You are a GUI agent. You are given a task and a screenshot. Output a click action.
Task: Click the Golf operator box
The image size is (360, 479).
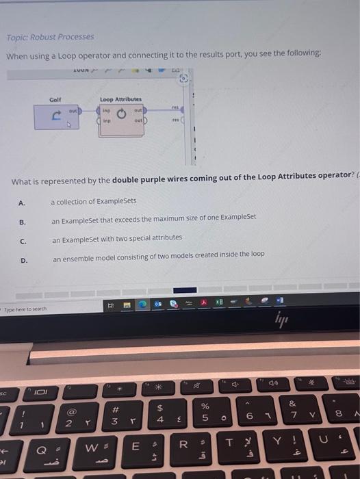58,118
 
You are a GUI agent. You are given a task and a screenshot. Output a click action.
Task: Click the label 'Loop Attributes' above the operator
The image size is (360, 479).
121,99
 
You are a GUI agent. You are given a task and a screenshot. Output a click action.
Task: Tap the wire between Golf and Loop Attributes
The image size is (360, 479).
90,110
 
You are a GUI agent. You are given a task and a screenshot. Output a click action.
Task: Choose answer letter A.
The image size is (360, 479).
22,203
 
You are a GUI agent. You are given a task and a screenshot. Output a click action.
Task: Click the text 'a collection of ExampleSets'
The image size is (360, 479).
94,202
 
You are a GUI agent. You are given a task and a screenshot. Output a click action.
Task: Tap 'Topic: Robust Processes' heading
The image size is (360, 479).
51,37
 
